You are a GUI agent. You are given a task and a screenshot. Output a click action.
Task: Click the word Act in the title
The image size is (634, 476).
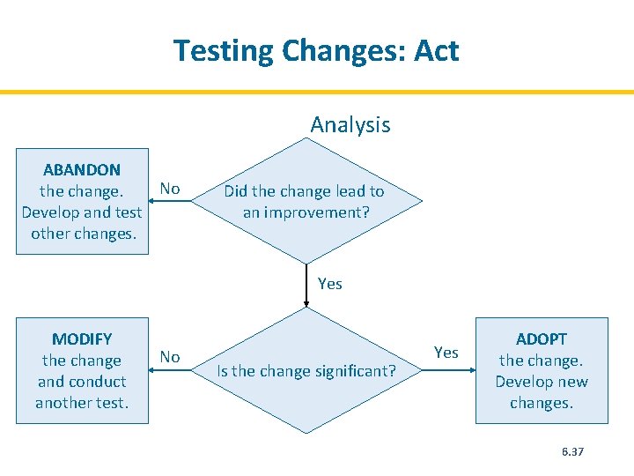tap(436, 50)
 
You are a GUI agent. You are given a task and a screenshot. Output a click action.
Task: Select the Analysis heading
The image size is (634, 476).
tap(350, 125)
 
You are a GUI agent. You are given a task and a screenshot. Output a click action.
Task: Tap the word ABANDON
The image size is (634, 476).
tap(82, 169)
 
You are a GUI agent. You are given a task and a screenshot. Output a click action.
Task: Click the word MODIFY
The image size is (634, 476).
tap(82, 338)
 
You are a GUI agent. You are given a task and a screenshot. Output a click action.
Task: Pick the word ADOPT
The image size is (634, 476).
tap(542, 338)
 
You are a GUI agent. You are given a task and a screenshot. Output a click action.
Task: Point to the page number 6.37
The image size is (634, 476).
tap(572, 451)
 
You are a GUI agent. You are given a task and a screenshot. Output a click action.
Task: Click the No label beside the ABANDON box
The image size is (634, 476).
tap(170, 189)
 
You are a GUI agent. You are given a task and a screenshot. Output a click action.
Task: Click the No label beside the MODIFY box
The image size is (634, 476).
tap(170, 357)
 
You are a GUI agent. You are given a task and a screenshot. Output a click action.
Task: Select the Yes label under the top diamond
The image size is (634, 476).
tap(329, 284)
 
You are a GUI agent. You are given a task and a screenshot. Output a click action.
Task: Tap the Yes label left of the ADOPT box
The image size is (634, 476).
tap(446, 353)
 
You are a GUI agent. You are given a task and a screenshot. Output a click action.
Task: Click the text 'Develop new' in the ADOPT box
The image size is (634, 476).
tap(542, 382)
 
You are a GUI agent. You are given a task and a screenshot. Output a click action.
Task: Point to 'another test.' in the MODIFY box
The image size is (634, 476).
tap(82, 403)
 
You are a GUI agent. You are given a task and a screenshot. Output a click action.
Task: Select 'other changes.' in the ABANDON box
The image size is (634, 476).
tap(83, 234)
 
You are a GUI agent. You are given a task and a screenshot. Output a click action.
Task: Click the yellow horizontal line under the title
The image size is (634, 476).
tap(317, 92)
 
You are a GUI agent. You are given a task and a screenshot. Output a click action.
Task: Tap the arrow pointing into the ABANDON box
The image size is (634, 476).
tap(154, 201)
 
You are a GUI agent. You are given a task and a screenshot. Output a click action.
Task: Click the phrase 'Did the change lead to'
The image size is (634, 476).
tap(304, 191)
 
